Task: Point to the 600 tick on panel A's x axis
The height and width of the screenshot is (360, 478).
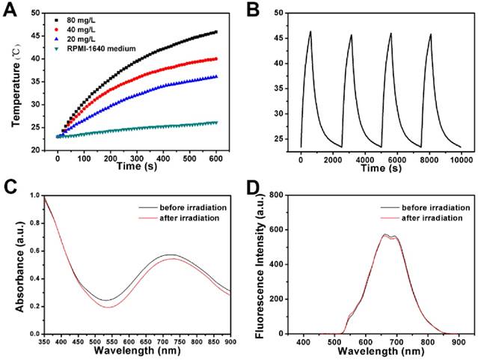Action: point(217,160)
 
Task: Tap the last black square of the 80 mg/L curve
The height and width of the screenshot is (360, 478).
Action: point(217,31)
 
